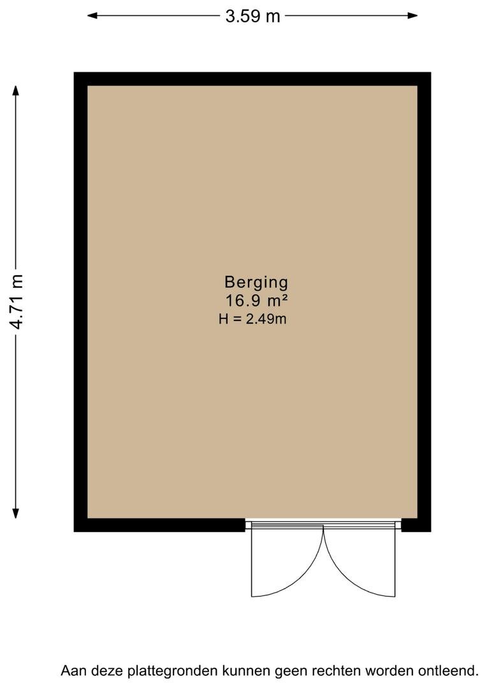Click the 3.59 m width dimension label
(x=252, y=16)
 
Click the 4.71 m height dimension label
(x=17, y=301)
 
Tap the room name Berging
(x=256, y=283)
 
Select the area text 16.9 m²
(x=256, y=301)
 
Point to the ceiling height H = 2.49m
(x=252, y=319)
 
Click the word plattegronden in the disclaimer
(x=172, y=671)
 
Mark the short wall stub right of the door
(x=416, y=525)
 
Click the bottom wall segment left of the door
(x=159, y=525)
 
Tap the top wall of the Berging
(x=252, y=79)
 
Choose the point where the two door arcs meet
(x=324, y=527)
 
